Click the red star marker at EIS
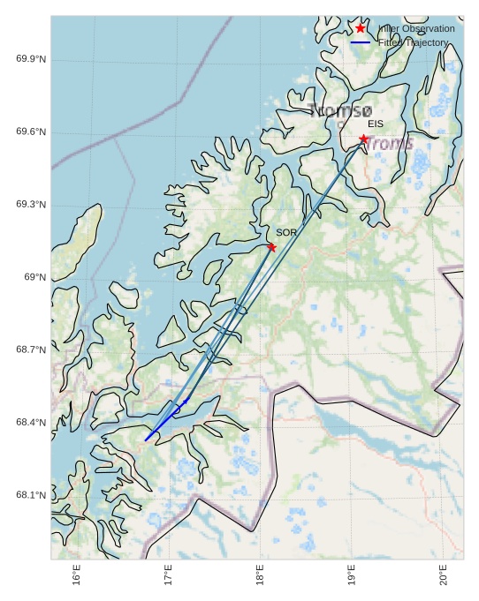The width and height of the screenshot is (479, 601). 363,139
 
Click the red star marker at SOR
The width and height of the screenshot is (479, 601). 271,247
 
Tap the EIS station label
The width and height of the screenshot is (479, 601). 376,124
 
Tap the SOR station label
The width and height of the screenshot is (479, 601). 285,232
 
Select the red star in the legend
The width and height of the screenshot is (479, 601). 361,28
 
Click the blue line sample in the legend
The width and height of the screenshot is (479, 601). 361,42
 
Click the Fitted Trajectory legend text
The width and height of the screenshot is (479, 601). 413,42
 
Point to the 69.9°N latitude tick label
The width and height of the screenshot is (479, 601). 31,59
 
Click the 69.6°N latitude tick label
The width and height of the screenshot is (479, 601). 31,132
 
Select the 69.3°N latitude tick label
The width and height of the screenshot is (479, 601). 31,205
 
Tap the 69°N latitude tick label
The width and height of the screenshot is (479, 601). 34,277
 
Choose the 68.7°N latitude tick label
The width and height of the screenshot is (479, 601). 31,350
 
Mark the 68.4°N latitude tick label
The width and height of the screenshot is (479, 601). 31,423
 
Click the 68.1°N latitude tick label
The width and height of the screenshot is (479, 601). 31,495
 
